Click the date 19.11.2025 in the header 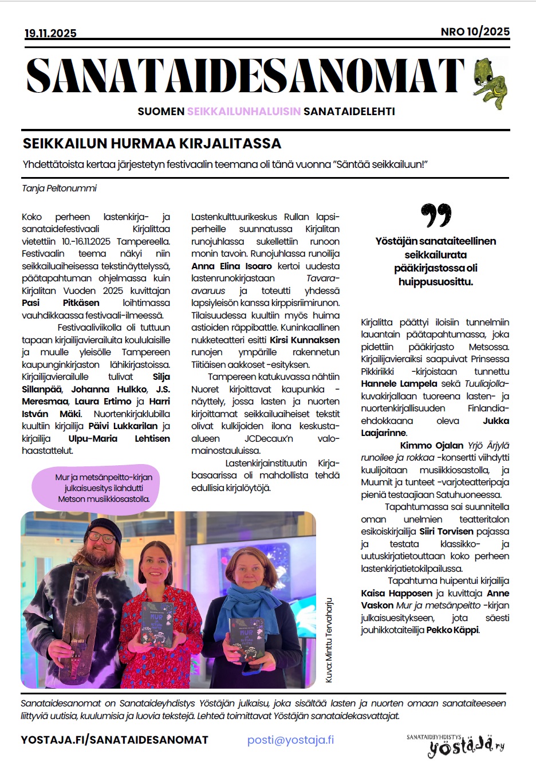[50, 33]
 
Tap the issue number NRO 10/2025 [475, 32]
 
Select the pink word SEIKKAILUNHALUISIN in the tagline [243, 111]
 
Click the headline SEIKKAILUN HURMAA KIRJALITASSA [152, 143]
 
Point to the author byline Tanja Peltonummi [60, 188]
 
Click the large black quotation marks [436, 215]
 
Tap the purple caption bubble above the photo [103, 488]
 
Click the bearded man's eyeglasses [101, 538]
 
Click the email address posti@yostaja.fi [290, 740]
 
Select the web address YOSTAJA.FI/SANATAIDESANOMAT [115, 740]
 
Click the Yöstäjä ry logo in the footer [455, 744]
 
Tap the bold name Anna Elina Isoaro [232, 266]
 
